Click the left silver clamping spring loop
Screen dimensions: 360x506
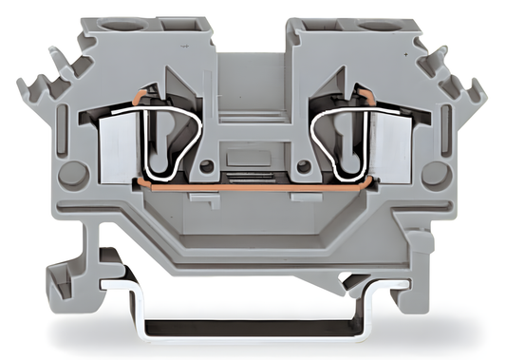tap(170, 133)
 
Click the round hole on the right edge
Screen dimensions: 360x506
tap(435, 173)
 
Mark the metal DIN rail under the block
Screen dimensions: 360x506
tap(253, 328)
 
